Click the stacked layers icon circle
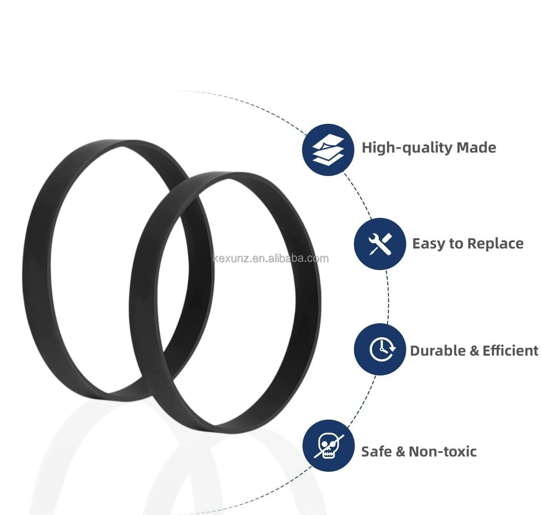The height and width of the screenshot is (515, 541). point(328,150)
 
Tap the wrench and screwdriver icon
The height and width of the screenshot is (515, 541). point(380,244)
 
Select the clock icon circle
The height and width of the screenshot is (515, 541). point(380,349)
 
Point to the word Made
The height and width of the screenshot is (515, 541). point(476,148)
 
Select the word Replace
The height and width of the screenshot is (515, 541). point(495,244)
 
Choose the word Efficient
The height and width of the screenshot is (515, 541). point(510,351)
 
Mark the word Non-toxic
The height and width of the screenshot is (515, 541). point(443,452)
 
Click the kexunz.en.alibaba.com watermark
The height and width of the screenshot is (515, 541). point(271,258)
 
